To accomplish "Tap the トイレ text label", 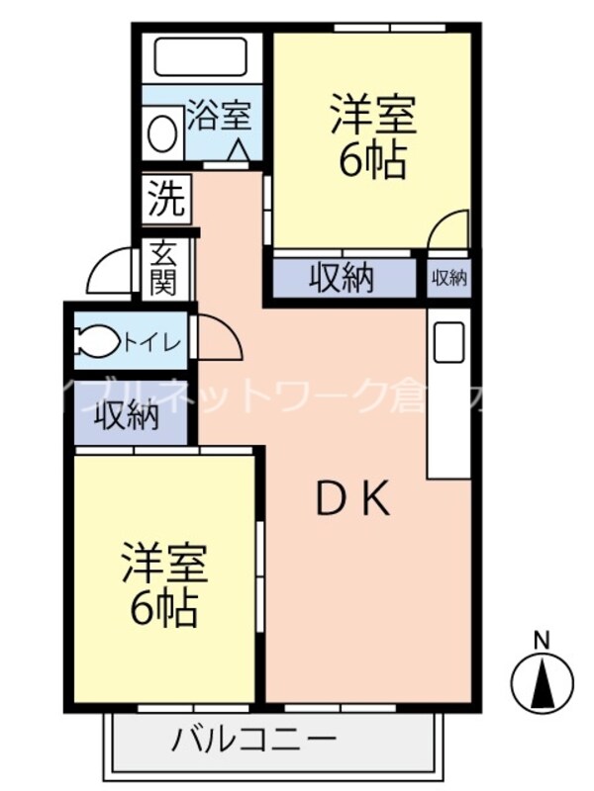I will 151,343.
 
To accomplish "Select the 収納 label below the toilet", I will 127,415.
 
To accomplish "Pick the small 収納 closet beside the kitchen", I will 448,279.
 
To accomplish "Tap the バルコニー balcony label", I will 254,739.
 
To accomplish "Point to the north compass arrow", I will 543,684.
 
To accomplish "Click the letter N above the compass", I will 542,640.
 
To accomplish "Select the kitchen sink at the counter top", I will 450,342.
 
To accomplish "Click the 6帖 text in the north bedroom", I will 372,160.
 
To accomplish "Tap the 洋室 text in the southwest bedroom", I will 163,564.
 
